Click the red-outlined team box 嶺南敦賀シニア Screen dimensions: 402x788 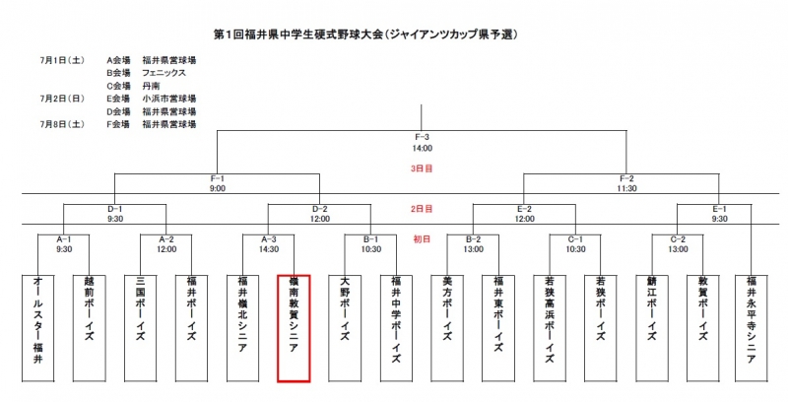tap(294, 327)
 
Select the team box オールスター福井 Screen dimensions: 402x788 tap(37, 327)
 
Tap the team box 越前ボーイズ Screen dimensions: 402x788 tap(89, 327)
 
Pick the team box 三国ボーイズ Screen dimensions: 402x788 tap(140, 327)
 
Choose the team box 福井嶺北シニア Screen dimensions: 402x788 tap(242, 327)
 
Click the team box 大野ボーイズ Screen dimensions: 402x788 tap(345, 327)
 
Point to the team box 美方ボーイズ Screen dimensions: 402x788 tap(447, 327)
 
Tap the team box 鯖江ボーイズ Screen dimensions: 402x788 tap(652, 327)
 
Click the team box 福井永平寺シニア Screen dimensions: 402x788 tap(752, 327)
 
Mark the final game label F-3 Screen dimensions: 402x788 tap(422, 137)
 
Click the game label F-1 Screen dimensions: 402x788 tap(218, 177)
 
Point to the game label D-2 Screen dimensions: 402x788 tap(319, 209)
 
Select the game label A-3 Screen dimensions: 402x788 tap(269, 239)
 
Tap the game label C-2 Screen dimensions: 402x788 tap(678, 239)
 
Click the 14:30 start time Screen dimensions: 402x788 tap(269, 249)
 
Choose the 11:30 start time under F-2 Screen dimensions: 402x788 tap(626, 187)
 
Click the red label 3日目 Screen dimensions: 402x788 tap(422, 168)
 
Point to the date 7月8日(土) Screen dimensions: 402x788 tap(61, 125)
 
